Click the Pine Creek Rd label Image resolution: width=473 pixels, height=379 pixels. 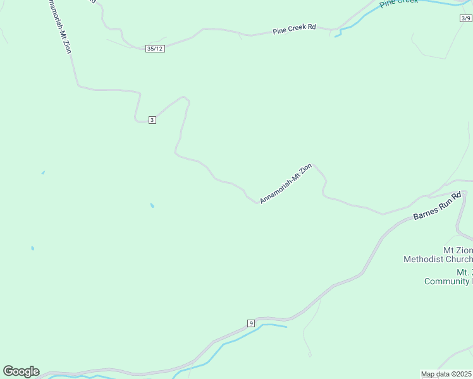coord(294,29)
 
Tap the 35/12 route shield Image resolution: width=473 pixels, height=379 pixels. coord(155,49)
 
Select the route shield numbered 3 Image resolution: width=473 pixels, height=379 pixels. coord(152,120)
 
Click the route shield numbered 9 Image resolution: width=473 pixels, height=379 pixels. coord(251,323)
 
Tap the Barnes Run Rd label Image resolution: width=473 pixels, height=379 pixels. coord(438,206)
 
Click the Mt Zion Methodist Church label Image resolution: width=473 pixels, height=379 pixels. coord(438,255)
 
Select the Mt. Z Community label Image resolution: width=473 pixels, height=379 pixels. coord(448,277)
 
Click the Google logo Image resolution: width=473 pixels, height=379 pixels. coord(21,371)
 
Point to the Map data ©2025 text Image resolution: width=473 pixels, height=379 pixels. coord(446,374)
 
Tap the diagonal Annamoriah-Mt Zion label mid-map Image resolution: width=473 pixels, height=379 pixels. coord(286,183)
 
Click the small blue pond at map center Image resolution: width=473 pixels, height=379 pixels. coord(152,205)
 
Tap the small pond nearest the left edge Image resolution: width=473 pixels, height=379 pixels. coord(32,248)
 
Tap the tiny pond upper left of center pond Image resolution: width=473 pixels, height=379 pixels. coord(43,172)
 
